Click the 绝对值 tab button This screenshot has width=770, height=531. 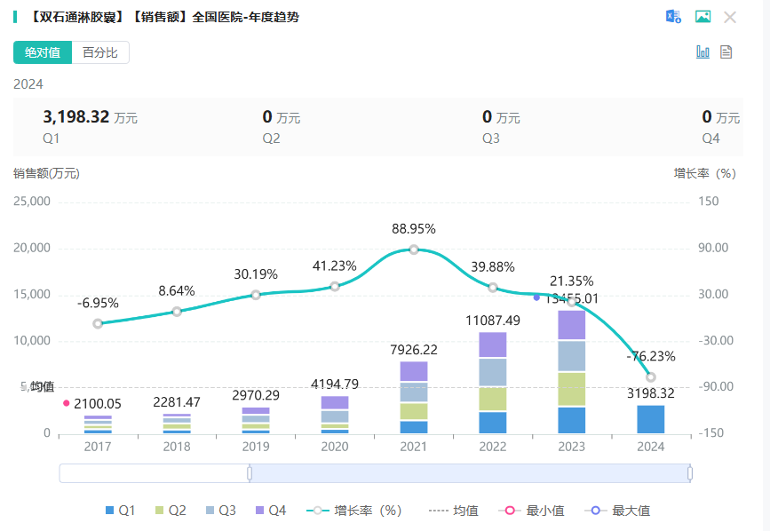pos(43,53)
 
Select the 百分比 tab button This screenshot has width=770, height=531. pos(100,53)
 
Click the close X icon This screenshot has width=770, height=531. pos(730,17)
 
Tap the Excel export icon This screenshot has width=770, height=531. pos(674,17)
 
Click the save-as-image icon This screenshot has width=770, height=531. pos(703,17)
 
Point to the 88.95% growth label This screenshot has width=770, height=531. pos(414,229)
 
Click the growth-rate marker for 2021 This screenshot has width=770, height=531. pos(414,250)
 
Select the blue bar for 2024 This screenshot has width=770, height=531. pos(651,419)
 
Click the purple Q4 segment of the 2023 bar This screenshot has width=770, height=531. pos(572,325)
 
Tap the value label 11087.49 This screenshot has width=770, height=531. pos(493,321)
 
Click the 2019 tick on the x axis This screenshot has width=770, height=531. pos(256,447)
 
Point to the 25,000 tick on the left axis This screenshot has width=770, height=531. pos(32,202)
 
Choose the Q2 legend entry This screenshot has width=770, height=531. pos(171,511)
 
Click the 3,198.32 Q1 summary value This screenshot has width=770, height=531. pos(75,116)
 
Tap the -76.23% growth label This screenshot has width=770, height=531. pos(651,357)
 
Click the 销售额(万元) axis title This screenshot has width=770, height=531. pos(46,173)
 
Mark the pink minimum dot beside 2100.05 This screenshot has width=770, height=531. pos(66,403)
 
